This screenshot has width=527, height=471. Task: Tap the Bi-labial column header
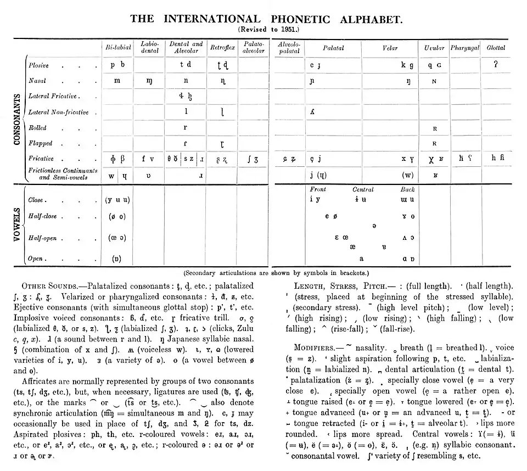point(118,48)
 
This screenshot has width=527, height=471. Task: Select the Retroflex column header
point(222,48)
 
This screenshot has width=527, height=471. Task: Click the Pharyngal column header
point(465,48)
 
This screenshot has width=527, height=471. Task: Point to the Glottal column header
point(496,48)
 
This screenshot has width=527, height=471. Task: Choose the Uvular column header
point(434,48)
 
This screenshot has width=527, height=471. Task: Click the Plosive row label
point(38,65)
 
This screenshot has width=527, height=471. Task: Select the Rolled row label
point(37,128)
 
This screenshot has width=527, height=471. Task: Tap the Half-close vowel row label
point(43,216)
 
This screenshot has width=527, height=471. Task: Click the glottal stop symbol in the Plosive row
point(496,65)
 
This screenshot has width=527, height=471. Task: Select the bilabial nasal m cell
point(117,81)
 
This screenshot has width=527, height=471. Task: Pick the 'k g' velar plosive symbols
point(407,65)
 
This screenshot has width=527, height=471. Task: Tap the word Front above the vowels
point(318,190)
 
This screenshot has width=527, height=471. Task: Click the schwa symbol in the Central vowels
point(374,226)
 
